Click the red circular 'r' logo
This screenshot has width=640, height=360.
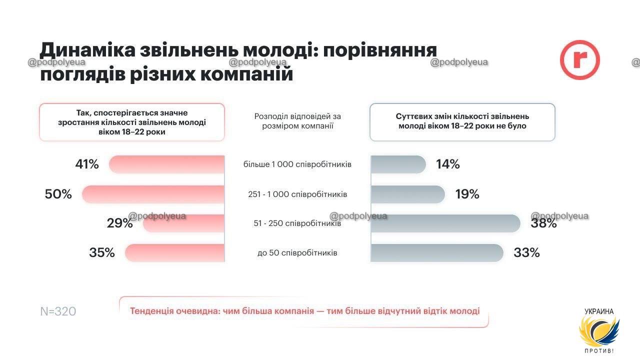click(x=579, y=60)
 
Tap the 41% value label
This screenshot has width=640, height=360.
click(x=87, y=164)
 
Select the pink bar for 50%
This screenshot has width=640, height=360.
click(x=153, y=194)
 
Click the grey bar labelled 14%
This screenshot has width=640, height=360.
click(x=398, y=164)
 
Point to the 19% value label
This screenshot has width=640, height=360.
click(x=467, y=194)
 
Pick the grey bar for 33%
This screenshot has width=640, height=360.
click(x=436, y=252)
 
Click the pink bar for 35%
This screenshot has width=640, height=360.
click(x=174, y=252)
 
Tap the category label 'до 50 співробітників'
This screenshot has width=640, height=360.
click(x=297, y=253)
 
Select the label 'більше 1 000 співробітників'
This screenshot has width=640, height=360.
click(x=297, y=164)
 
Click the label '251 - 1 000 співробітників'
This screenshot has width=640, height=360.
click(x=297, y=194)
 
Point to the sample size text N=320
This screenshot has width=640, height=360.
click(x=58, y=311)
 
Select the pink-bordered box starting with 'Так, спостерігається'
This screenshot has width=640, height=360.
click(x=132, y=122)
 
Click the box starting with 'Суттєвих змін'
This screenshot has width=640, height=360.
click(x=462, y=122)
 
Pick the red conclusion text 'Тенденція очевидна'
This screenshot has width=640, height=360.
click(x=304, y=311)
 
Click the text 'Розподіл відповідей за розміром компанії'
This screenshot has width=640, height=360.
click(x=297, y=121)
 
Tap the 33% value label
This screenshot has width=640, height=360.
click(x=526, y=252)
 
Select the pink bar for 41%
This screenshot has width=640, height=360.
click(x=166, y=164)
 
